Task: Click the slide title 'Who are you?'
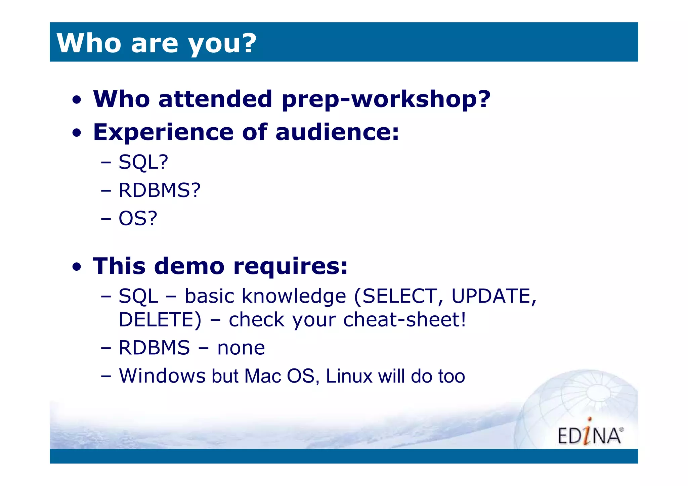click(x=156, y=43)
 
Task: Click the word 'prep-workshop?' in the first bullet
click(x=386, y=99)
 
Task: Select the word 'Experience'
click(x=163, y=132)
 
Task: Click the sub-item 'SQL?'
click(x=143, y=162)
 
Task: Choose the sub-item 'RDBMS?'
click(x=160, y=190)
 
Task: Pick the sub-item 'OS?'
click(x=138, y=219)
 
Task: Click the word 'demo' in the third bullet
click(x=189, y=266)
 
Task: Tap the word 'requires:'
click(x=291, y=266)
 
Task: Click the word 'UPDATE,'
click(x=493, y=296)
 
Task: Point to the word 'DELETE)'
click(x=160, y=319)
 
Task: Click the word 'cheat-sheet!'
click(x=405, y=319)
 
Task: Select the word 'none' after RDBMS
click(x=241, y=348)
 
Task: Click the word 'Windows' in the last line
click(x=162, y=376)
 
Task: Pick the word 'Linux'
click(x=349, y=376)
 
